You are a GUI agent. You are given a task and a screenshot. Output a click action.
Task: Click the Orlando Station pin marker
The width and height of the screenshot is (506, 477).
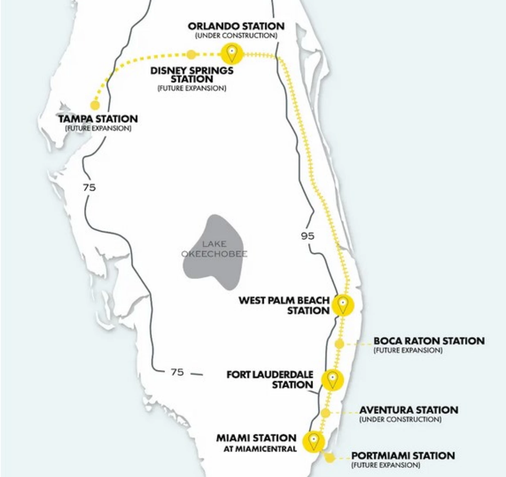(x=232, y=53)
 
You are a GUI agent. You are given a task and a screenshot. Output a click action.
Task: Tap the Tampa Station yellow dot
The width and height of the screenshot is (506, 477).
(x=95, y=105)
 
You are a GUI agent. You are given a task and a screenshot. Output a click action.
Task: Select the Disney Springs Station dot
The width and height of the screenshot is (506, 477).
(x=190, y=54)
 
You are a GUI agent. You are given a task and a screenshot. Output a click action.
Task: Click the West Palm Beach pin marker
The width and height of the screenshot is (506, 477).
(x=343, y=305)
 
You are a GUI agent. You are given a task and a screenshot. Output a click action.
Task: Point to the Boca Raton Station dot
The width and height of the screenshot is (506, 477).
(x=339, y=344)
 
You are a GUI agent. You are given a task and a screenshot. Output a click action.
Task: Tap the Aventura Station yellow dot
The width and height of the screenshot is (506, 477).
(x=325, y=413)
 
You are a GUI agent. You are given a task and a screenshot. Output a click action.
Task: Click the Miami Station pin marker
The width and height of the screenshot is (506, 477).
(x=314, y=441)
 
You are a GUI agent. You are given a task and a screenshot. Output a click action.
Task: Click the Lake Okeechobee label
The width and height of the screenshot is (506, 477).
(x=214, y=249)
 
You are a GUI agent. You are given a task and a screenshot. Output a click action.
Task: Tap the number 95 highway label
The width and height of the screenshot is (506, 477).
(x=307, y=236)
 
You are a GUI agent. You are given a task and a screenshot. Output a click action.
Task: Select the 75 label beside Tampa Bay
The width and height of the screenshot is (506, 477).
(x=89, y=187)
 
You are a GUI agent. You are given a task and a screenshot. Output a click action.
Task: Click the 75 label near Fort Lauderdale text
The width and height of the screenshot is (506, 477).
(x=177, y=372)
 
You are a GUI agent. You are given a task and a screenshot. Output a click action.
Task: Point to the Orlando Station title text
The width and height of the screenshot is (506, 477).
(x=236, y=26)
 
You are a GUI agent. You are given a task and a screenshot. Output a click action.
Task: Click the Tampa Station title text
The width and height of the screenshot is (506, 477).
(x=98, y=119)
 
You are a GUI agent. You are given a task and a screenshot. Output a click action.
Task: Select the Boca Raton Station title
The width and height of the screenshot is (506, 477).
(x=429, y=341)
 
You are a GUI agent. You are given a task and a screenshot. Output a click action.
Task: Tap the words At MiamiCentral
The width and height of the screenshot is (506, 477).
(x=260, y=449)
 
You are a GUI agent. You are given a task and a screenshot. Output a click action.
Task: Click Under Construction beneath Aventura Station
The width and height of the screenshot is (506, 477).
(x=400, y=419)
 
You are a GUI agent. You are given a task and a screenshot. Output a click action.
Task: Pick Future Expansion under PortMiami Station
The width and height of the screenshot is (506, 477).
(x=386, y=465)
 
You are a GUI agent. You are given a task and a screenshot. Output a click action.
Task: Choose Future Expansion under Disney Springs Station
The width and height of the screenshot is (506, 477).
(x=192, y=88)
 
